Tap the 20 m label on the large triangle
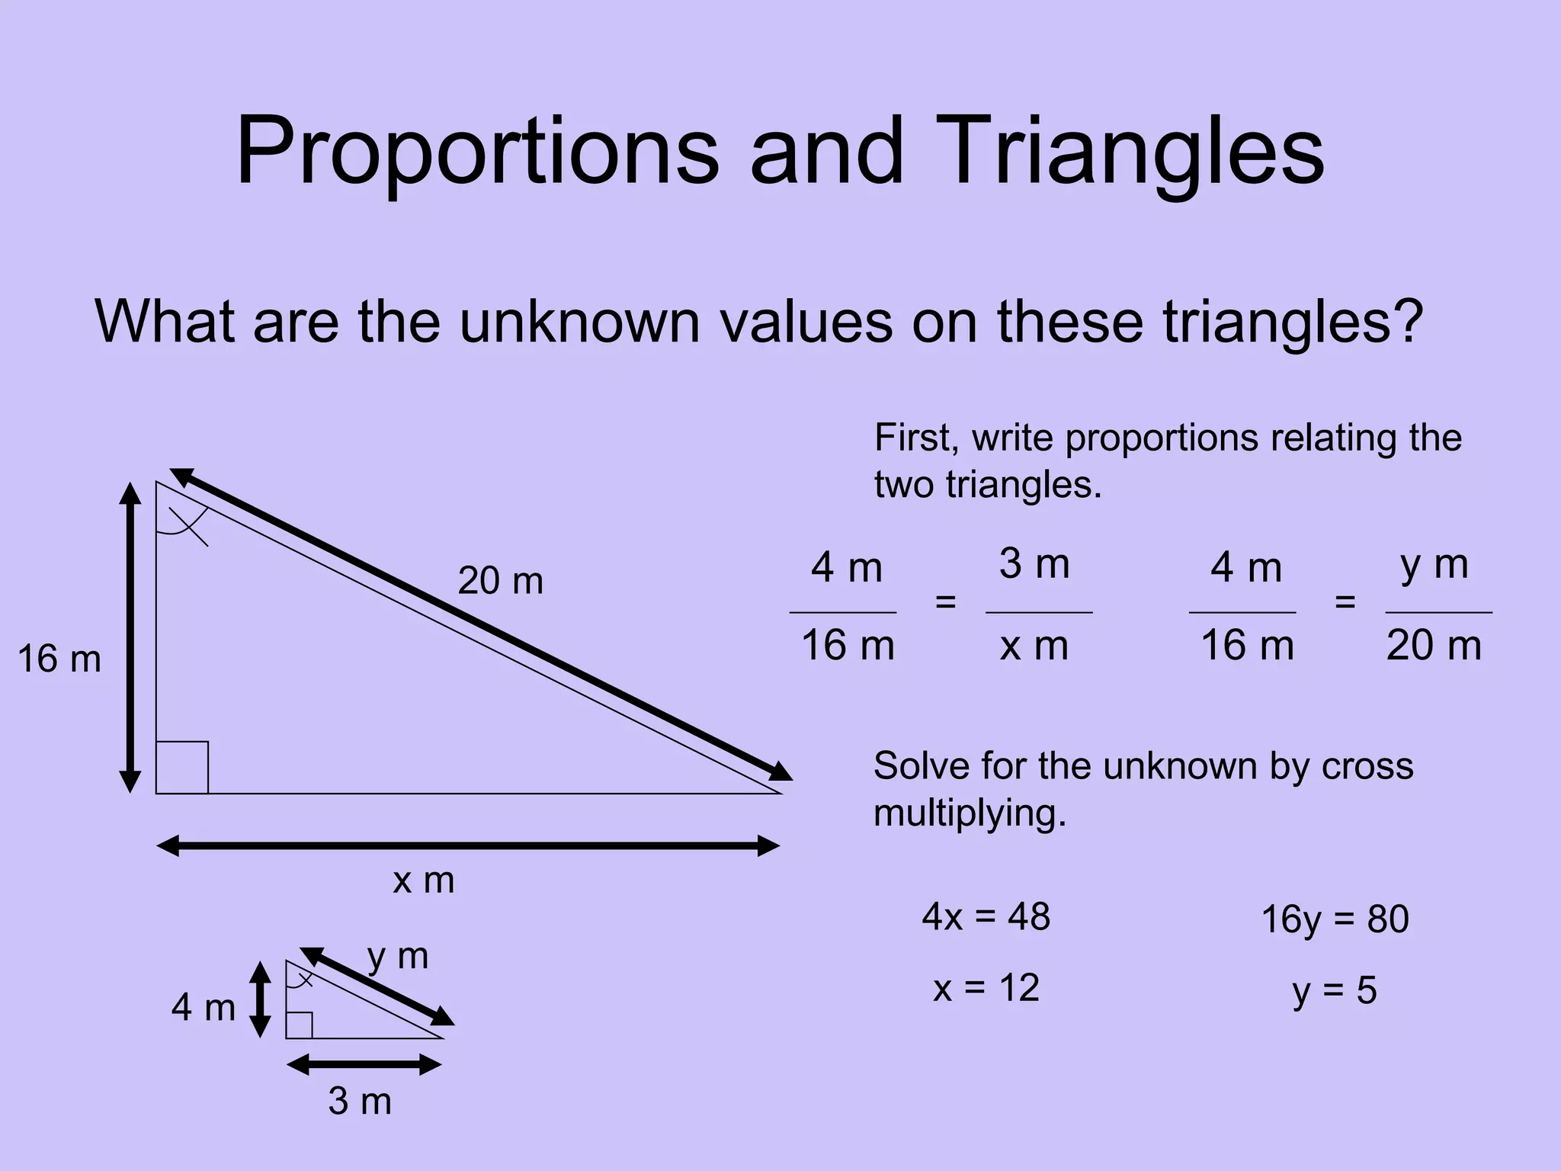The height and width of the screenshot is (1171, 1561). (x=500, y=581)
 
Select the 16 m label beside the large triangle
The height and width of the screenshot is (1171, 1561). (x=59, y=659)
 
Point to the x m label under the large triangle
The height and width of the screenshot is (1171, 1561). (x=424, y=881)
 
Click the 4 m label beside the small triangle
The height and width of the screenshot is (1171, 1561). (x=203, y=1008)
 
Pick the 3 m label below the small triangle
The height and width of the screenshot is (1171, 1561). (x=360, y=1102)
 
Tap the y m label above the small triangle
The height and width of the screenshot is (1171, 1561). (x=397, y=956)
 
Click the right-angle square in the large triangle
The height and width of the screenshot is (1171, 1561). (x=182, y=768)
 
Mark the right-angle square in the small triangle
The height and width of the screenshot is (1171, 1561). (x=300, y=1025)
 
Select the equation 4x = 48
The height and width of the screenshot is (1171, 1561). (x=986, y=916)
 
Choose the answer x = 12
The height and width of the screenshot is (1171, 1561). (x=986, y=989)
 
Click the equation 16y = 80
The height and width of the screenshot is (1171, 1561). (x=1335, y=919)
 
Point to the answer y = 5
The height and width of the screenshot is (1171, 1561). (x=1335, y=991)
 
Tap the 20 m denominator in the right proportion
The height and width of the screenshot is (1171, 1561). (x=1434, y=646)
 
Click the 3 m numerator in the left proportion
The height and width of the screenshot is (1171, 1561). (x=1034, y=565)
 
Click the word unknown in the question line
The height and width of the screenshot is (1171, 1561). (x=579, y=322)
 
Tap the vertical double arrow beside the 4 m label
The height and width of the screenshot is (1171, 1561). (x=261, y=999)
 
